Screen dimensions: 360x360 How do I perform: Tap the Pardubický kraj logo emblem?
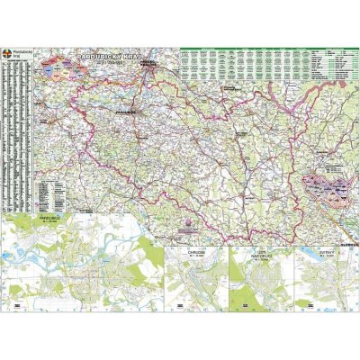pyautogui.click(x=9, y=55)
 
